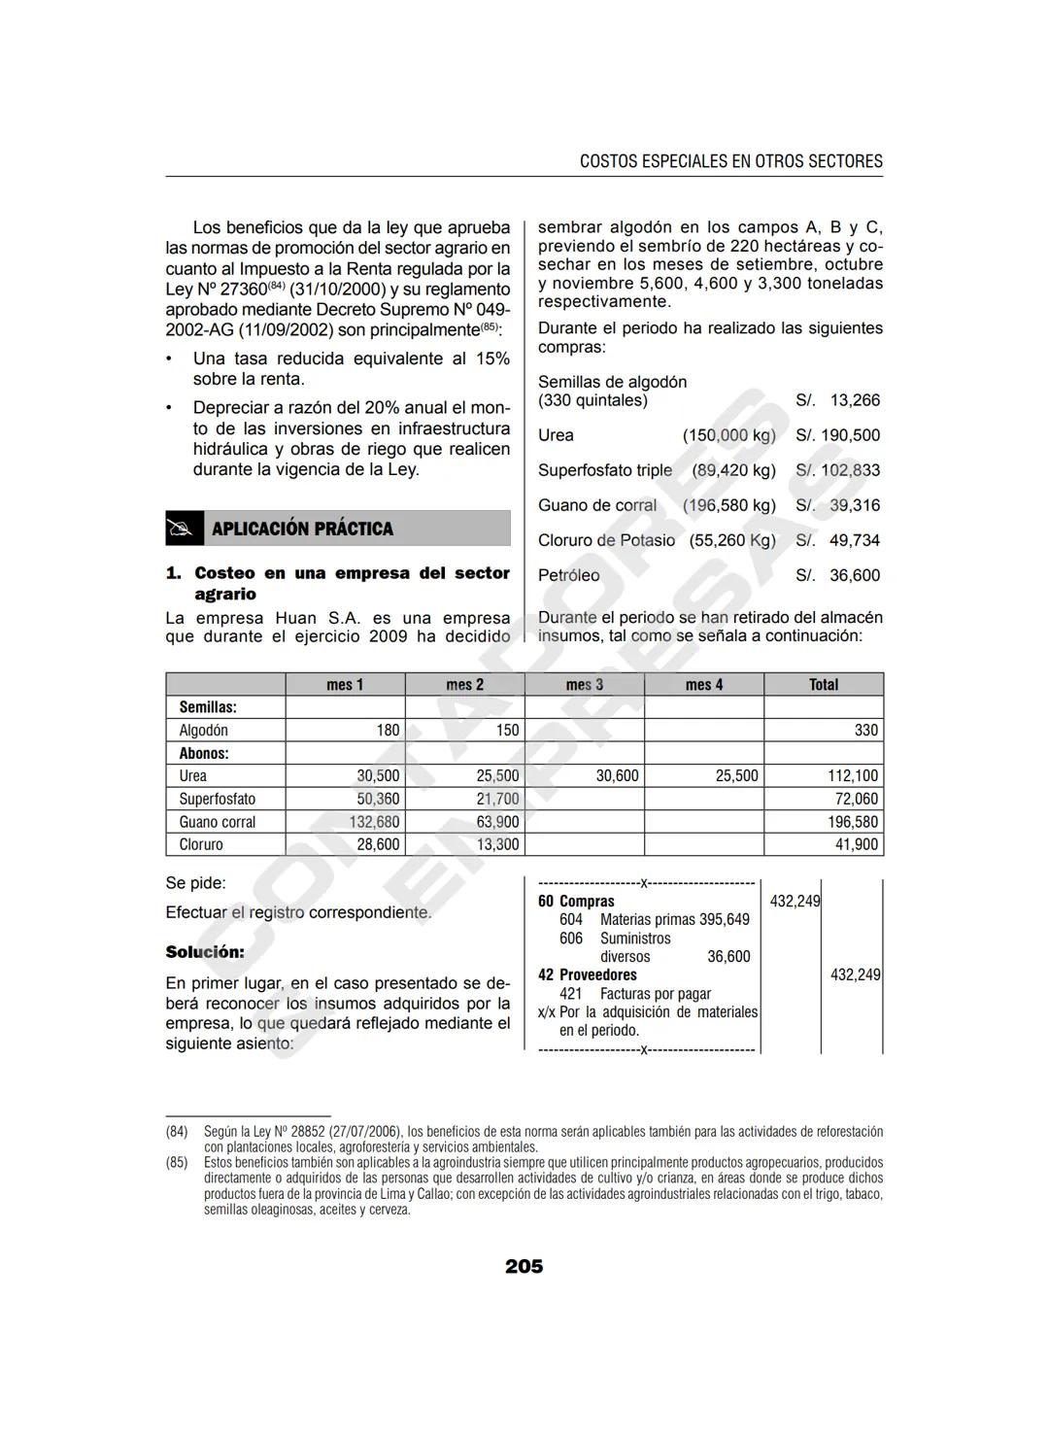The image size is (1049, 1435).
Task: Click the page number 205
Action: pos(524,1266)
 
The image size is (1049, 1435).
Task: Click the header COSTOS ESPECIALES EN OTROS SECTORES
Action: pos(730,161)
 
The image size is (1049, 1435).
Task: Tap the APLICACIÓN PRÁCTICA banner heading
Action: pos(302,529)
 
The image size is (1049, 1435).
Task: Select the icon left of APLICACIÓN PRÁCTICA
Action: pos(185,529)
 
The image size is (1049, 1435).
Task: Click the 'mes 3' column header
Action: pos(584,684)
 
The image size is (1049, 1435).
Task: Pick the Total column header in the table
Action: pos(823,684)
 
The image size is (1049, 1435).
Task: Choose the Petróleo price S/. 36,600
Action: pos(837,575)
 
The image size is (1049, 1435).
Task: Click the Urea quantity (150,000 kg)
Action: pos(728,435)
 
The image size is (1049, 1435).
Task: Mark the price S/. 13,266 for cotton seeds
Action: pos(837,400)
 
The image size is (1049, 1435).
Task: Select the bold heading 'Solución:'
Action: pos(205,952)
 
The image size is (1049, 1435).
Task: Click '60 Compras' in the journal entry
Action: pos(576,901)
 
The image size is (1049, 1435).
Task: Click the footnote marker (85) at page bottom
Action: pos(177,1162)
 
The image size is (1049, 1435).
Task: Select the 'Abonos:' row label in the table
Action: pos(203,753)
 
